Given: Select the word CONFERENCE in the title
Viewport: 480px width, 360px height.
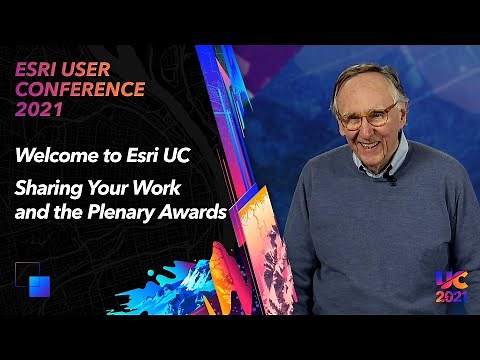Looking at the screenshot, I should point(79,89).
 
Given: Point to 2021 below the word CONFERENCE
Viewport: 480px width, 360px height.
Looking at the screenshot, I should point(39,109).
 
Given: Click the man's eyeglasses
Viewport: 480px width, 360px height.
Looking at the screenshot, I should point(368,116).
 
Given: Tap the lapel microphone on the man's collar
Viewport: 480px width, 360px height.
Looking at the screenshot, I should point(391,180).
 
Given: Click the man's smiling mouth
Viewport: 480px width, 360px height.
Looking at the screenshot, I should point(367,141).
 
